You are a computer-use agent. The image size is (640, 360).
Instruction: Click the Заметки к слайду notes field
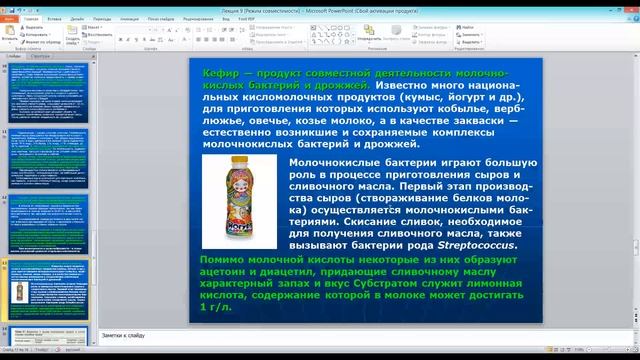point(300,335)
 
